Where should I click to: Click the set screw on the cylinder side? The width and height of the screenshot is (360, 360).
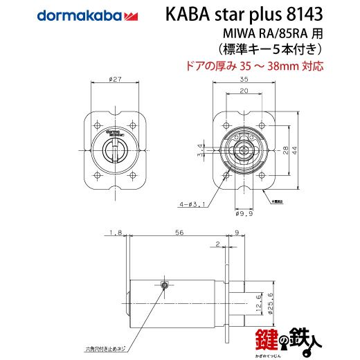(164, 285)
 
